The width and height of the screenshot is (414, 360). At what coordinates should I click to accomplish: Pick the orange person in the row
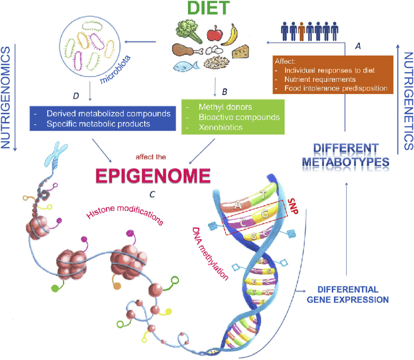coord(302,32)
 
